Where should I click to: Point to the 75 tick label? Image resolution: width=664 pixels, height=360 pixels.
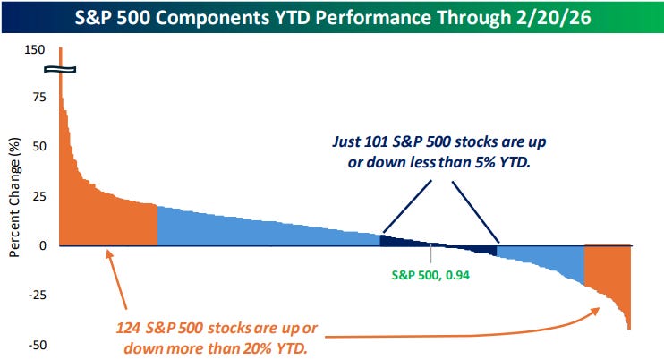37,97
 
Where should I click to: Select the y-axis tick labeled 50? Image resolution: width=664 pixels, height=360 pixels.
37,146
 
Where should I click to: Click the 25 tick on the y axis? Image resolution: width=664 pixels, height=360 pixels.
37,195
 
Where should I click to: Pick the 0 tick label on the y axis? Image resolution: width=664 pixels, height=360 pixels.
40,245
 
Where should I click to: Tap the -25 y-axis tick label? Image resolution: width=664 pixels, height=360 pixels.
35,295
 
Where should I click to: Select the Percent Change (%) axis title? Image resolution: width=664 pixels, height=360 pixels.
15,196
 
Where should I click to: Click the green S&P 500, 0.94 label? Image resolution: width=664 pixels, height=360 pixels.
431,276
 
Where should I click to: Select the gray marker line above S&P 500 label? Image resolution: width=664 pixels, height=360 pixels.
431,254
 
